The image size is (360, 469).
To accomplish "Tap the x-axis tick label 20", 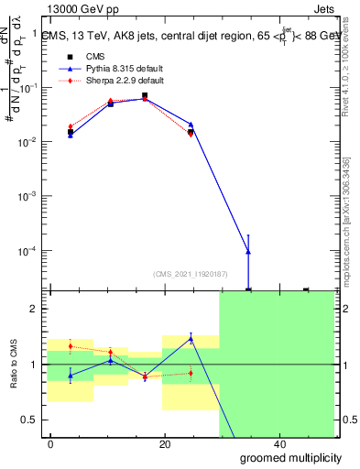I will coord(165,443).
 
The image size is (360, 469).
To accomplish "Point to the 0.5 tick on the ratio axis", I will coord(29,420).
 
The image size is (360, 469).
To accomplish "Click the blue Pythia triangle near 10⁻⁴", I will coord(248,252).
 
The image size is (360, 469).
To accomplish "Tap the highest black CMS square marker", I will coord(144,95).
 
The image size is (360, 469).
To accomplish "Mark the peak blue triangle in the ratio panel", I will coord(191,338).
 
